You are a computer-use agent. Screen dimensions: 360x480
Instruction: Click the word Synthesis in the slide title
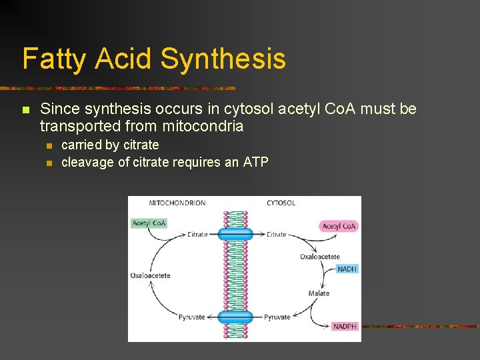223,59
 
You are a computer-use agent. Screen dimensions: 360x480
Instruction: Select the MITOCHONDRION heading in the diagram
177,203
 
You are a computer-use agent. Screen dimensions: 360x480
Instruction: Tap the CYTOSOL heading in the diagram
281,203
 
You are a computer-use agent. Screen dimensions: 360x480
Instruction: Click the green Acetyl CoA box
149,223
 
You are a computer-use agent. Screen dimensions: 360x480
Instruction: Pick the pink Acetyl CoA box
339,226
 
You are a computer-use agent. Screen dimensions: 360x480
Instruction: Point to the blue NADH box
347,269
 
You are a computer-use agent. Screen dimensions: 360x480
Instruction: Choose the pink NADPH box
345,326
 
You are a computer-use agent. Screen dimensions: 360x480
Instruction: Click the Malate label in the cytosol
319,293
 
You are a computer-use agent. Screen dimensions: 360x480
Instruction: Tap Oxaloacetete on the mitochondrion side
151,275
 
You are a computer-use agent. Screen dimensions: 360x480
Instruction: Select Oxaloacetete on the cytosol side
320,256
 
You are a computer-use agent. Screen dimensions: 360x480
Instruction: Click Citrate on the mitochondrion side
197,235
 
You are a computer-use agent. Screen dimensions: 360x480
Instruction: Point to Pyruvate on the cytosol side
277,317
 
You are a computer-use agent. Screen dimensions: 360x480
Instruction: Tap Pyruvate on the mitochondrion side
192,317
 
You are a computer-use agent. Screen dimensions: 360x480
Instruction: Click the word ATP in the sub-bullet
255,162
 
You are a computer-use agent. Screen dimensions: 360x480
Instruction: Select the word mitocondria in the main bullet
203,126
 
